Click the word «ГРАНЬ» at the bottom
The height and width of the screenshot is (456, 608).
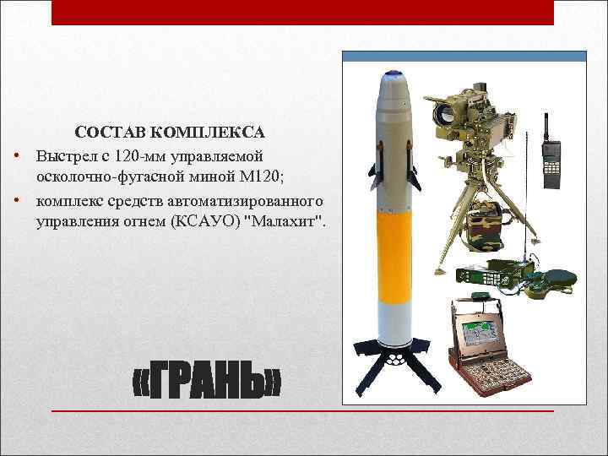(208, 384)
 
